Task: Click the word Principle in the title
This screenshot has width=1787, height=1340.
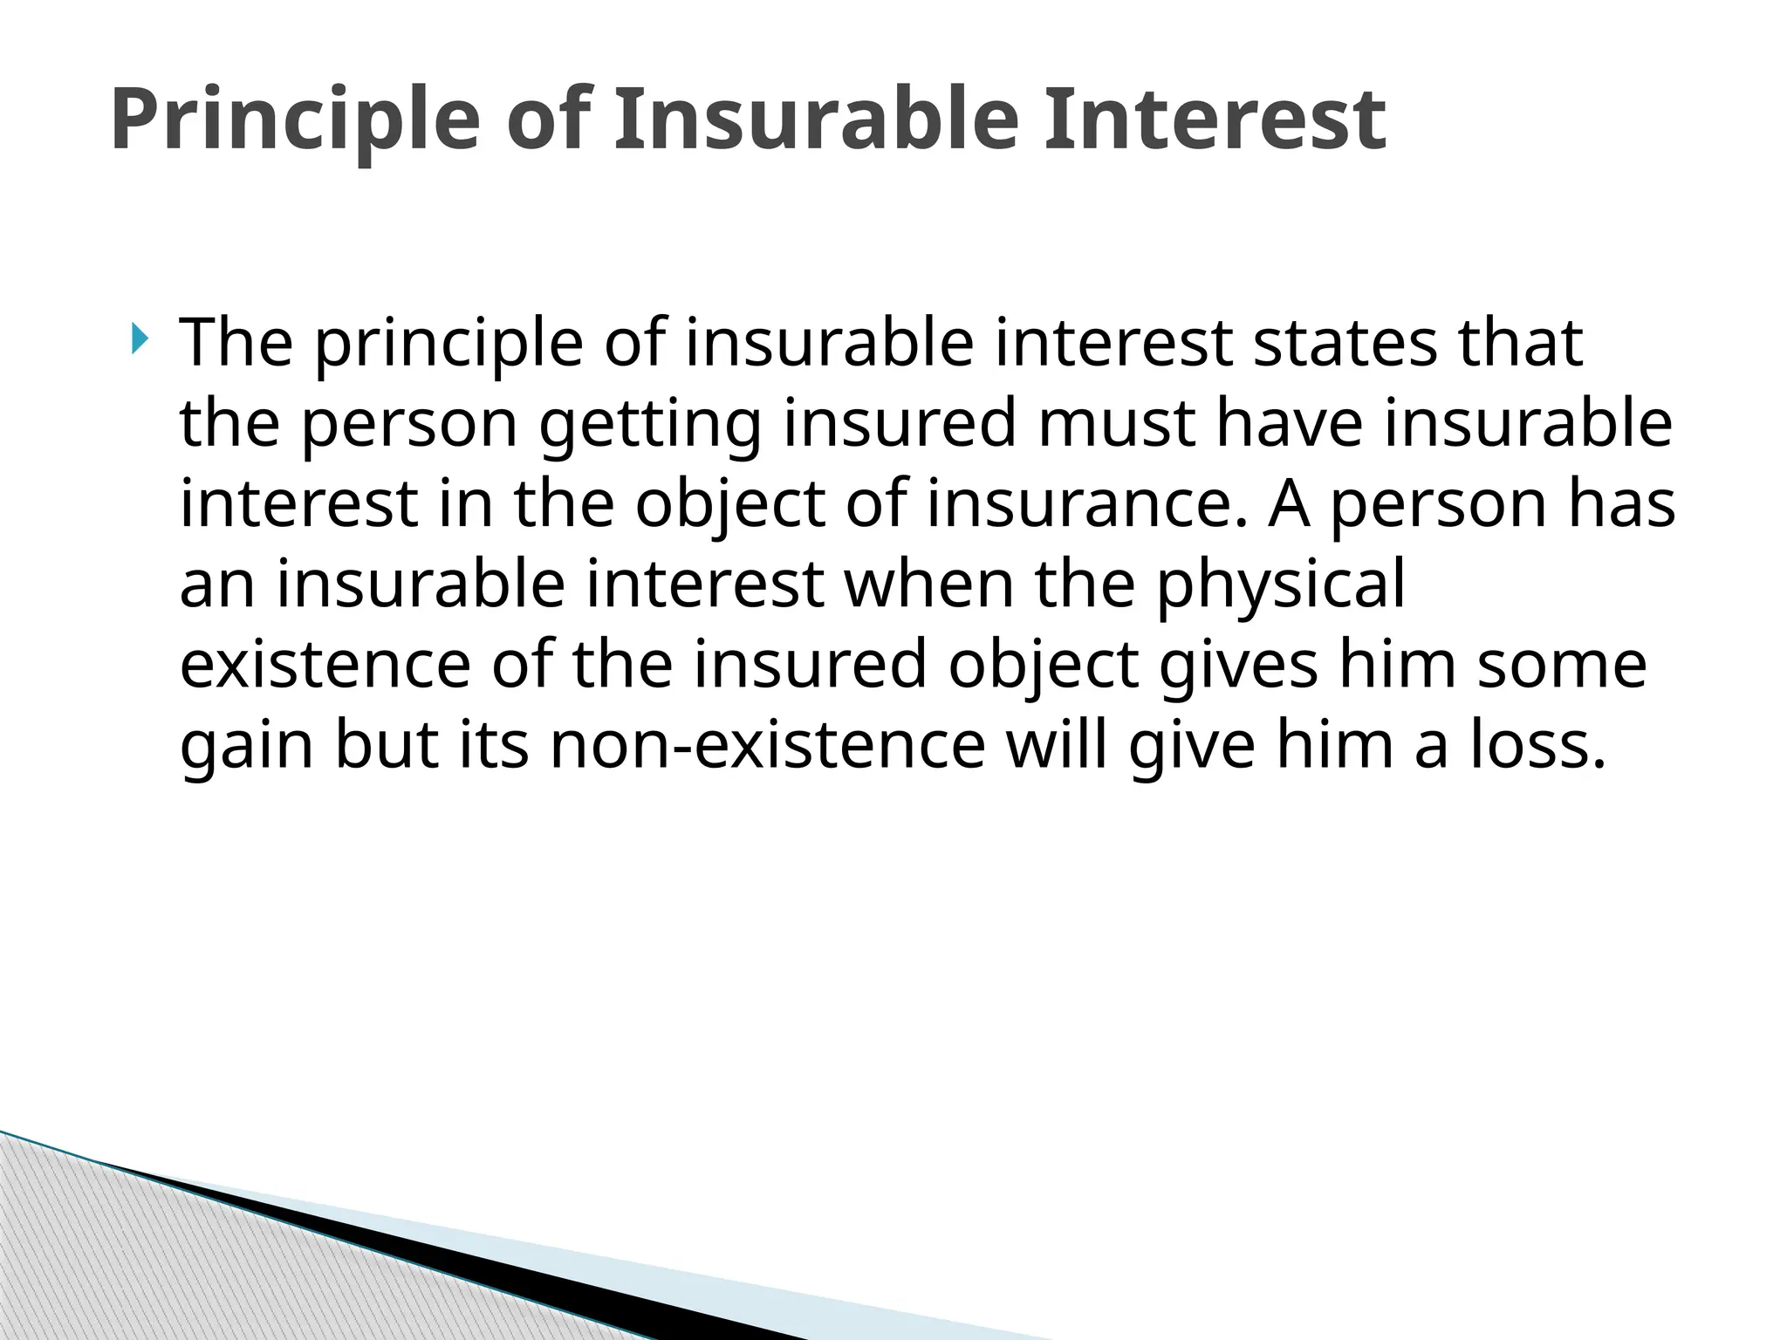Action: (x=295, y=120)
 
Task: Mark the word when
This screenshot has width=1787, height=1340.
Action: (x=928, y=585)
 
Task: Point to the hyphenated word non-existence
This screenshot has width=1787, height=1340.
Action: (x=768, y=746)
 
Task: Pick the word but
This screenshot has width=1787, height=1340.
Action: (x=387, y=746)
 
